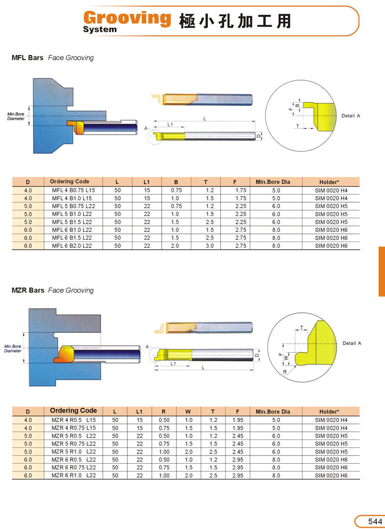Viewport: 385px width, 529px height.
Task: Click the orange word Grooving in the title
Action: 127,18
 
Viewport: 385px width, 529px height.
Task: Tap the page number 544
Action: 375,521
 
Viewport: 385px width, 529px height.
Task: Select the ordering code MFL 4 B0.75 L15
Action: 73,190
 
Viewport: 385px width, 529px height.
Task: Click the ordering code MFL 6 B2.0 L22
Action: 72,246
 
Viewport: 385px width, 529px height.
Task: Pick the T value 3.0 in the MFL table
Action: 210,246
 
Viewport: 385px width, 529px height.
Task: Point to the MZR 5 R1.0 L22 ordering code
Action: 73,452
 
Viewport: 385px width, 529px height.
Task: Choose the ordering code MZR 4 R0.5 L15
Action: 73,420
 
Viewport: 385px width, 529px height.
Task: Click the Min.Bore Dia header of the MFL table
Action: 273,182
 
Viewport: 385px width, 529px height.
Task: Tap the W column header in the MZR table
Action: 188,412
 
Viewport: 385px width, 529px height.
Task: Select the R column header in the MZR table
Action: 164,412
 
